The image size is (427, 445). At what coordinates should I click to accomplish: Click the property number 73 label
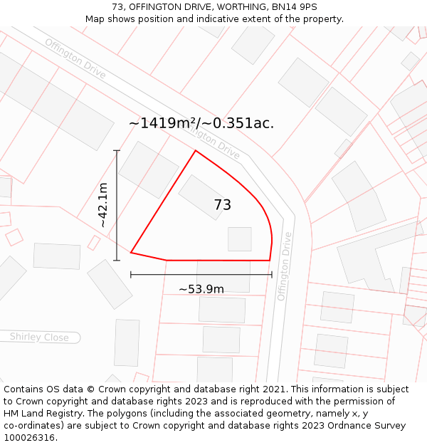click(x=222, y=205)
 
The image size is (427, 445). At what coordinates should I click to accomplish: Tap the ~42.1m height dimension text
click(x=103, y=205)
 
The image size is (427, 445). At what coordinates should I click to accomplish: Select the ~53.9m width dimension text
click(x=201, y=289)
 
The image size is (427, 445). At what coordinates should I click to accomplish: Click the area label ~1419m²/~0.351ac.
click(x=201, y=123)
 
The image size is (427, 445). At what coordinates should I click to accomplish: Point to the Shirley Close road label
click(x=39, y=337)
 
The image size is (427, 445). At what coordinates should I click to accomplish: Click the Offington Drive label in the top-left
click(x=75, y=58)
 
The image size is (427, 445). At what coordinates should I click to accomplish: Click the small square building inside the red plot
click(x=240, y=239)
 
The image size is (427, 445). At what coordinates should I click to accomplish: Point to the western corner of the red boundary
click(x=131, y=252)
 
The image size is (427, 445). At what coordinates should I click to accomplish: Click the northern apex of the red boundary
click(x=196, y=151)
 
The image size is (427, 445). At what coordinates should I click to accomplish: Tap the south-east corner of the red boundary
click(x=270, y=260)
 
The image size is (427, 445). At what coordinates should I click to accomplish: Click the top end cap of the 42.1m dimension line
click(x=117, y=151)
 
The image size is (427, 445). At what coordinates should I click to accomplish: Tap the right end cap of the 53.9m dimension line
click(x=272, y=274)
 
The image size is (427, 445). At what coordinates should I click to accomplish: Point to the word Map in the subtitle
click(x=95, y=19)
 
